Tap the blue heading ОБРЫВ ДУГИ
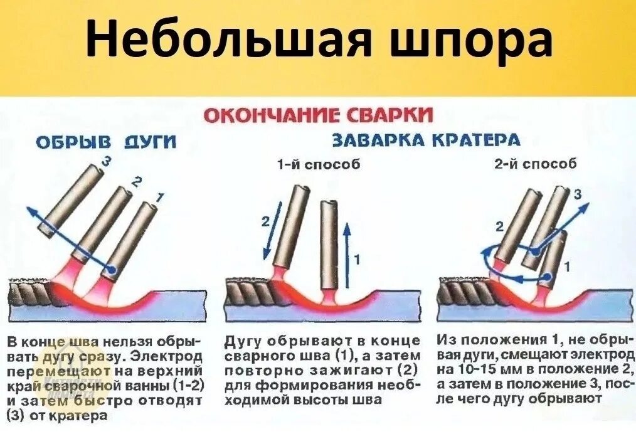pos(105,144)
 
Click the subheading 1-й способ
pos(320,166)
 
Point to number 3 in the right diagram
pos(578,195)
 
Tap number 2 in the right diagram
pos(499,226)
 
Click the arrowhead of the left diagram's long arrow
pos(29,211)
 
